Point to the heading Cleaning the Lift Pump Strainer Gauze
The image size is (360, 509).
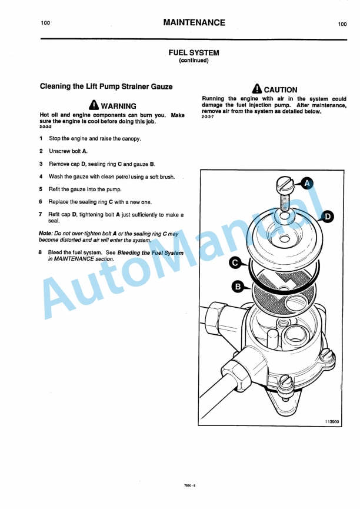106,87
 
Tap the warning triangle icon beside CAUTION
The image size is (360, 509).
256,89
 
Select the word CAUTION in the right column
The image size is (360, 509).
281,90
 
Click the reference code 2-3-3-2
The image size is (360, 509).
45,127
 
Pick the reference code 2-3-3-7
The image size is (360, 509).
208,117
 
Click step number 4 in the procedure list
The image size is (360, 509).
41,177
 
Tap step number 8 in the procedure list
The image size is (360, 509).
41,252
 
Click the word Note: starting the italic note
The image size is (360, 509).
45,234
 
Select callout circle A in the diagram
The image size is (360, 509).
306,184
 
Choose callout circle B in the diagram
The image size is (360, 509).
238,287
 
